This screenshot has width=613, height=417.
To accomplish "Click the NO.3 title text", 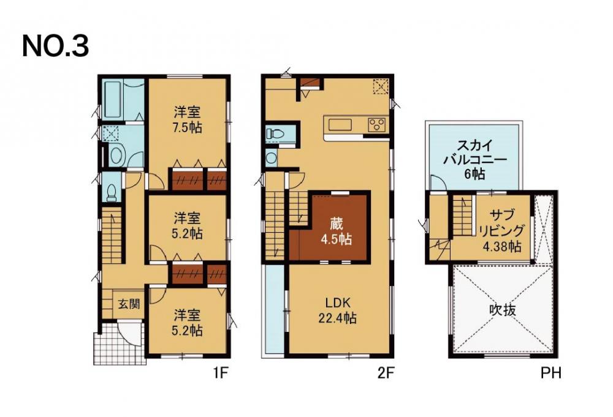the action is [56, 46].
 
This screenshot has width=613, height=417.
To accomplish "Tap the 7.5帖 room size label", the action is [188, 128].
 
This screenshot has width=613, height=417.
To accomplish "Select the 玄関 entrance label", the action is [129, 303].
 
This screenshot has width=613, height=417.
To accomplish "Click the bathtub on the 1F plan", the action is [112, 100].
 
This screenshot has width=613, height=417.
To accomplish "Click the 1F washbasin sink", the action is [116, 155].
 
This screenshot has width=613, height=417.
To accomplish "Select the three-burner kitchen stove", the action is [377, 125].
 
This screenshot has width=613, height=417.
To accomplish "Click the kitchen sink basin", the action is [340, 125].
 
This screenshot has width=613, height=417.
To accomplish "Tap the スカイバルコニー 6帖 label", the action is [474, 159].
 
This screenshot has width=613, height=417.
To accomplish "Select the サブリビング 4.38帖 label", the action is [501, 230].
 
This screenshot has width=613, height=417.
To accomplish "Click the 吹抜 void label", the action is [503, 310].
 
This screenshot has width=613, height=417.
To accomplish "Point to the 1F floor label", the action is [221, 374].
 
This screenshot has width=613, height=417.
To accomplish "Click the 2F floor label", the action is [386, 374].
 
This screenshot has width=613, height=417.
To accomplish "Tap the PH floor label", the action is [551, 374].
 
